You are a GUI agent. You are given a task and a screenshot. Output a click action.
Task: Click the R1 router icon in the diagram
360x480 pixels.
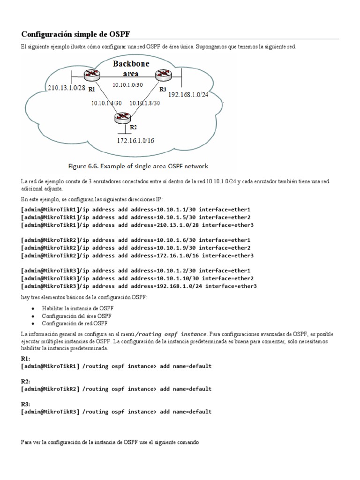pyautogui.click(x=90, y=75)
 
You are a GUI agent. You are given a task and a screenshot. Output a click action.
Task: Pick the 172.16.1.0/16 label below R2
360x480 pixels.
pyautogui.click(x=136, y=140)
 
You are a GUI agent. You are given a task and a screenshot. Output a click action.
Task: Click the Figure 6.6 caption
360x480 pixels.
pyautogui.click(x=138, y=166)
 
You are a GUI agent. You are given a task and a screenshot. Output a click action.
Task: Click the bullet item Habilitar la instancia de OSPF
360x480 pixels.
pyautogui.click(x=77, y=308)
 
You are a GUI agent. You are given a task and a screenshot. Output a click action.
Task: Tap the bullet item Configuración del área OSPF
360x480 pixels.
pyautogui.click(x=76, y=316)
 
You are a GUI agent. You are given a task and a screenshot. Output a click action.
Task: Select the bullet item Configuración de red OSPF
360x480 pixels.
pyautogui.click(x=74, y=323)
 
